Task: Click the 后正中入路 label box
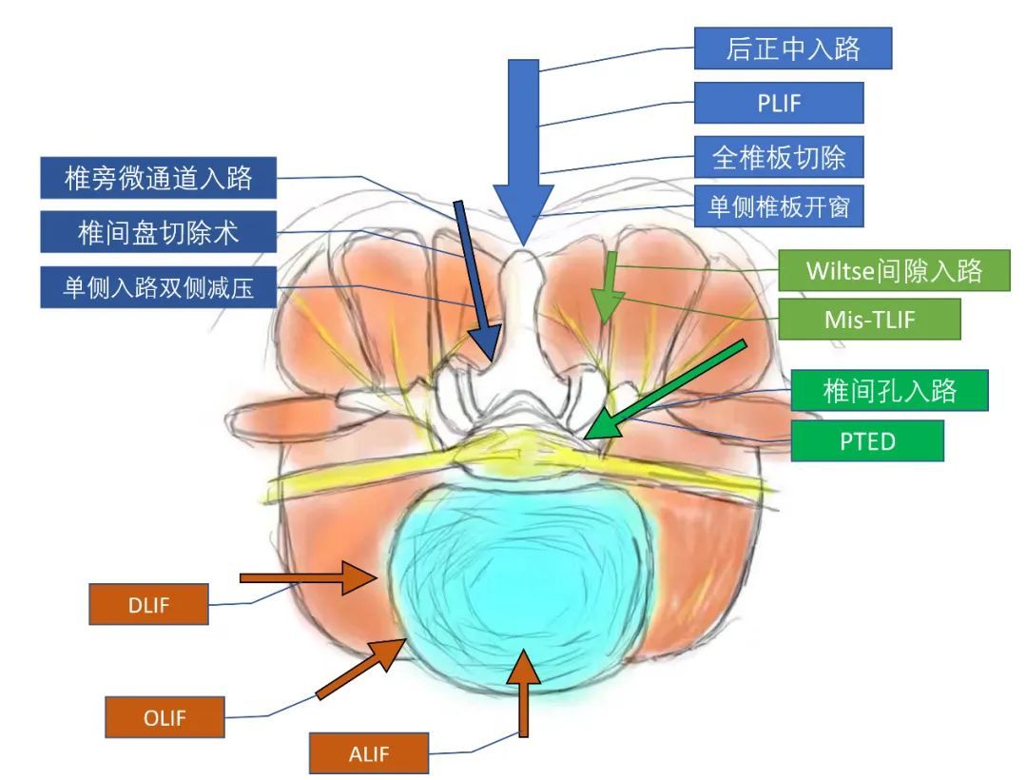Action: [x=792, y=48]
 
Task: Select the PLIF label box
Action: [x=779, y=102]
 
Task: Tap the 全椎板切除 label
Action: [x=779, y=157]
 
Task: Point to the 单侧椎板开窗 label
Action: [x=779, y=206]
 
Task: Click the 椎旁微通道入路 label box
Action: [x=159, y=178]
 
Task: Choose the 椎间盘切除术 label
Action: [x=159, y=232]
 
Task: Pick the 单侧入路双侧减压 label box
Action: [x=159, y=287]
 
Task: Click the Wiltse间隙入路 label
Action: [x=894, y=270]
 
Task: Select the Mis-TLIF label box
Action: [x=869, y=319]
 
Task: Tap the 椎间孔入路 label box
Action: [x=889, y=390]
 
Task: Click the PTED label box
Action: [x=867, y=440]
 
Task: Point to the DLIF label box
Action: [x=148, y=604]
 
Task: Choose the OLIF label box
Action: [x=165, y=717]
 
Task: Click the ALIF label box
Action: [x=369, y=753]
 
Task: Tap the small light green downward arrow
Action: [x=609, y=287]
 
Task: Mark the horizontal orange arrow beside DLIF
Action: [x=308, y=577]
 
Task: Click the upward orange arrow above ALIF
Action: [x=523, y=692]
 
